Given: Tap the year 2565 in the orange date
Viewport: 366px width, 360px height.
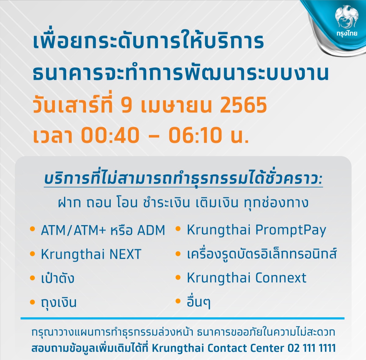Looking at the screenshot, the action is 243,105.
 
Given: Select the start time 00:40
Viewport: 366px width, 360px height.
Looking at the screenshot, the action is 110,135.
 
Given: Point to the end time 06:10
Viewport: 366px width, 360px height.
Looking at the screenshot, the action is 195,135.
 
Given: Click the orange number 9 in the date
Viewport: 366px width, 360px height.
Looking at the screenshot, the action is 126,105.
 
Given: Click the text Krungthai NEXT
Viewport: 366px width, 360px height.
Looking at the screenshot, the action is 91,255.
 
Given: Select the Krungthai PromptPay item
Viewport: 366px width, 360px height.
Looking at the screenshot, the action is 257,230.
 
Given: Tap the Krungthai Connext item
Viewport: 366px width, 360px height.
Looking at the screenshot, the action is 246,278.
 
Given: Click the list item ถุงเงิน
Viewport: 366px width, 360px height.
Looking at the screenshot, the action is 59,302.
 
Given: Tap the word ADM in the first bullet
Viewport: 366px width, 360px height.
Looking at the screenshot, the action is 151,231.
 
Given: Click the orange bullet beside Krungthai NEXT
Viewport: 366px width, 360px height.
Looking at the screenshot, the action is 32,254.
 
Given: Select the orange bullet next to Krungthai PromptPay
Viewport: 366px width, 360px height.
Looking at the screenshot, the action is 178,229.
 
